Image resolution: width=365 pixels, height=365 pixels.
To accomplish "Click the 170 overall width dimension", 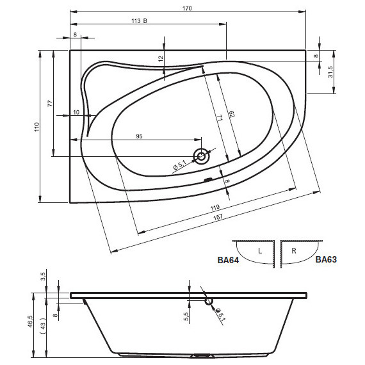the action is pos(187,8).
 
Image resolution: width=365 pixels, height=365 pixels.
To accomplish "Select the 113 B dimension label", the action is pos(140,21).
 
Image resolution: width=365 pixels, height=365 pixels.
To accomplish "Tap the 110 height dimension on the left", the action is pos(37,127).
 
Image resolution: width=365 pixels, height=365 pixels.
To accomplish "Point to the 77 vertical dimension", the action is pos(51,103).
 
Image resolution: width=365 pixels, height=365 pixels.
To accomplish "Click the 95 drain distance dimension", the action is pos(139,136).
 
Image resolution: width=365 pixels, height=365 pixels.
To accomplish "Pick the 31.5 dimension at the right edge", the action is pos(330,72).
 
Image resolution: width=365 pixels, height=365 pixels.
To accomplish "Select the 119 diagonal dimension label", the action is pos(215,207).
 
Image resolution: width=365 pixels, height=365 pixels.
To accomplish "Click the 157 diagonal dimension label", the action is pos(218,217).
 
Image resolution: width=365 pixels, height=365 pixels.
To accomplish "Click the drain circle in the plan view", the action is pos(202,156).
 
